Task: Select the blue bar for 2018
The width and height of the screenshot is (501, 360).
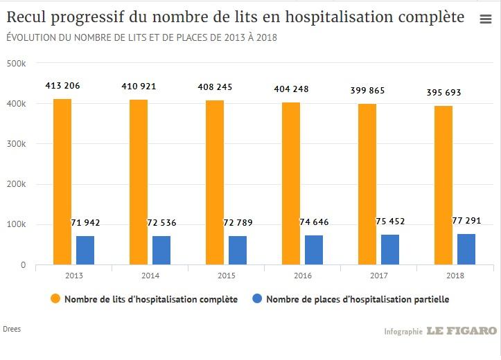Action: coord(466,249)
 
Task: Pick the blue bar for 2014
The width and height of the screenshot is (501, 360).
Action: coord(161,250)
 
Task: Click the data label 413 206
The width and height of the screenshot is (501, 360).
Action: coord(62,86)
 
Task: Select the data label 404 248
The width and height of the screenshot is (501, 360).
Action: coord(291,89)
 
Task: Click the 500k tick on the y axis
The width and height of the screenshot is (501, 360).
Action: coord(16,64)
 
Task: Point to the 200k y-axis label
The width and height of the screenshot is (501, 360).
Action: coord(16,185)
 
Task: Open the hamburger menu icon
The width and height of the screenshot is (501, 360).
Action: coord(486,19)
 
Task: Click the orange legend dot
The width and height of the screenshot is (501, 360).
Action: coord(55,299)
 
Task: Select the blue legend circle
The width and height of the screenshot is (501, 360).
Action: coord(256,299)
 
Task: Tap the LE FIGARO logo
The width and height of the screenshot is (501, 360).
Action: coord(462,331)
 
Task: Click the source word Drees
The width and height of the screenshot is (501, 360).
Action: coord(12,329)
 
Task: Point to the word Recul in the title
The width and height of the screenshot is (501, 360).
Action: coord(27,17)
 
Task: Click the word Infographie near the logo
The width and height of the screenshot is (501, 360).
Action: coord(403,332)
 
